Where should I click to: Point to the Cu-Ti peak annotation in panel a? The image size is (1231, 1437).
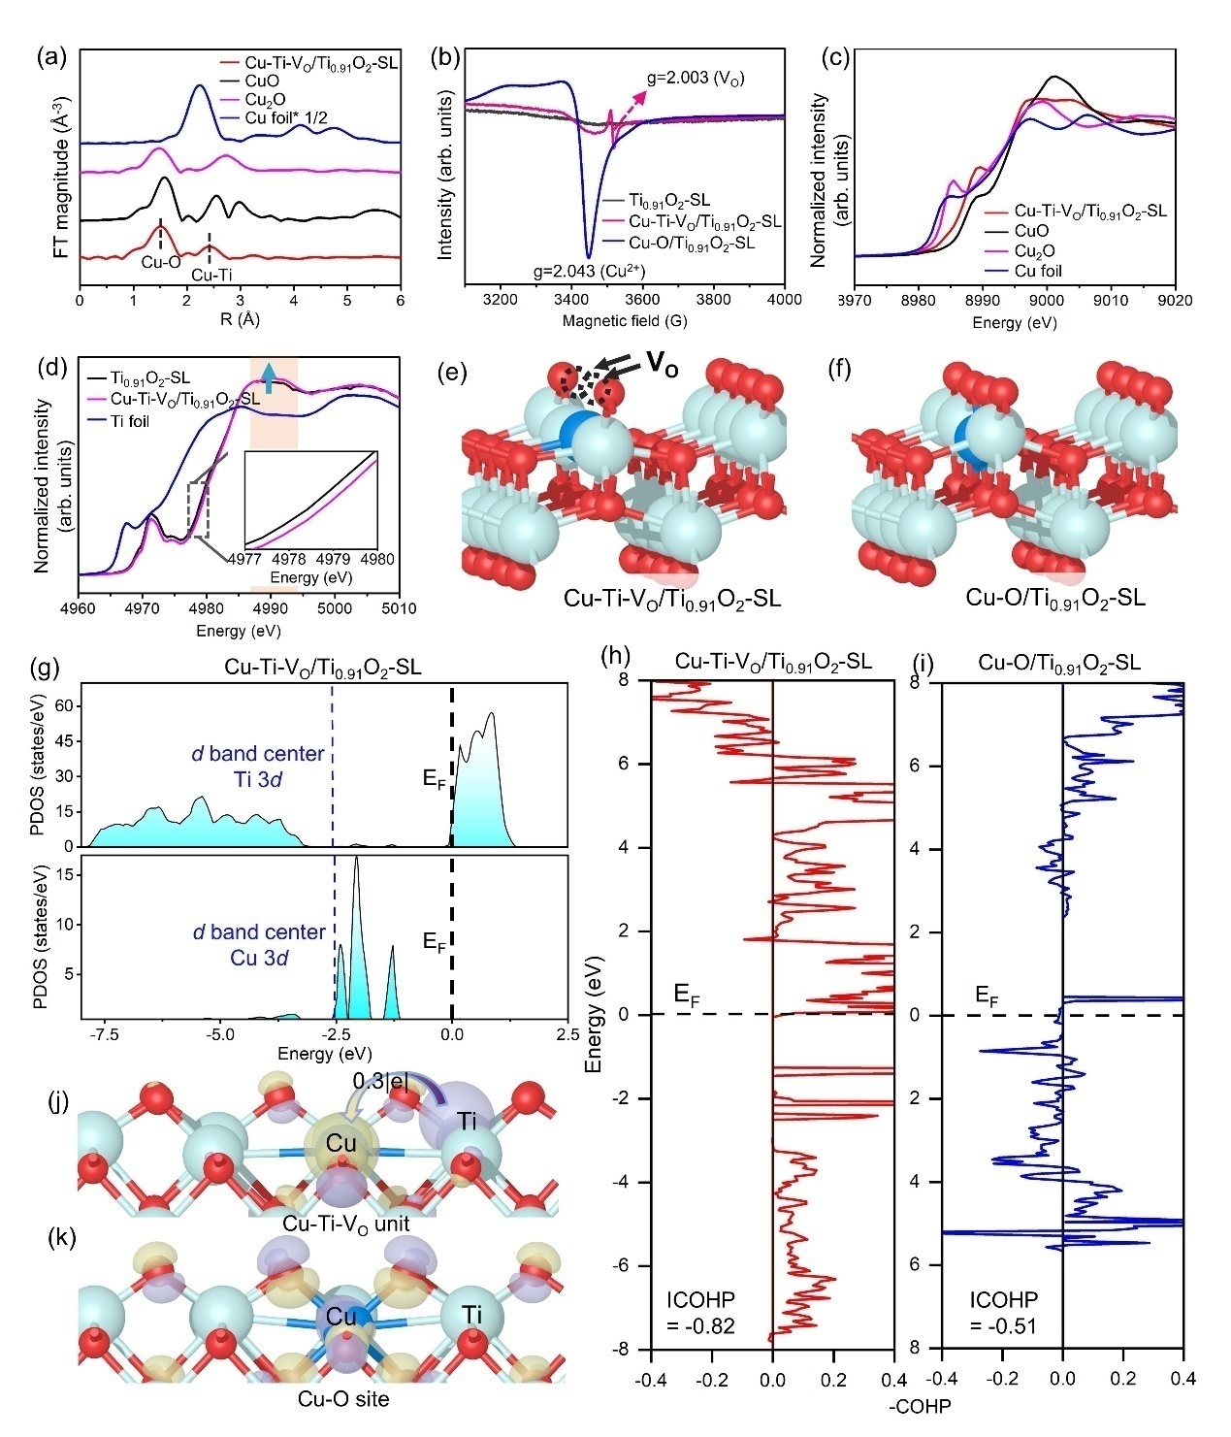pos(211,276)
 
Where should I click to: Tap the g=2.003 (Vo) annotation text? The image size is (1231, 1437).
pos(696,79)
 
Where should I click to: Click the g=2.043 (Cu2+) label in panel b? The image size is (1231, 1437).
pos(591,271)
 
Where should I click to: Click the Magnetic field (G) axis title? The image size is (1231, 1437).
pos(611,320)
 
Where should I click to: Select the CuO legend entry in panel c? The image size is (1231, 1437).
pos(1031,231)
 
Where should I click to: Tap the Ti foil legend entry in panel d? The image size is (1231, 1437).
pos(129,421)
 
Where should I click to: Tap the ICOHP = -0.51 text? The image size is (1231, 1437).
pos(1004,1313)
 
